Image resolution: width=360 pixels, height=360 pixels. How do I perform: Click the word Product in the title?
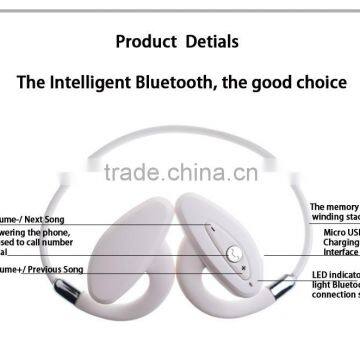point(145,42)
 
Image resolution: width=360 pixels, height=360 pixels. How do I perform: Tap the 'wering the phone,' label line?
point(36,233)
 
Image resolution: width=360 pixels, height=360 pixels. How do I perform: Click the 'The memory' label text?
point(334,206)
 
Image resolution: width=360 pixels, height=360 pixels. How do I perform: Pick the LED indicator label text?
point(335,275)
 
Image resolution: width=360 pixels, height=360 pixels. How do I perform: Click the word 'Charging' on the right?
point(341,243)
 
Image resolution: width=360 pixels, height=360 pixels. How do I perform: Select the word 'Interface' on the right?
point(341,253)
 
